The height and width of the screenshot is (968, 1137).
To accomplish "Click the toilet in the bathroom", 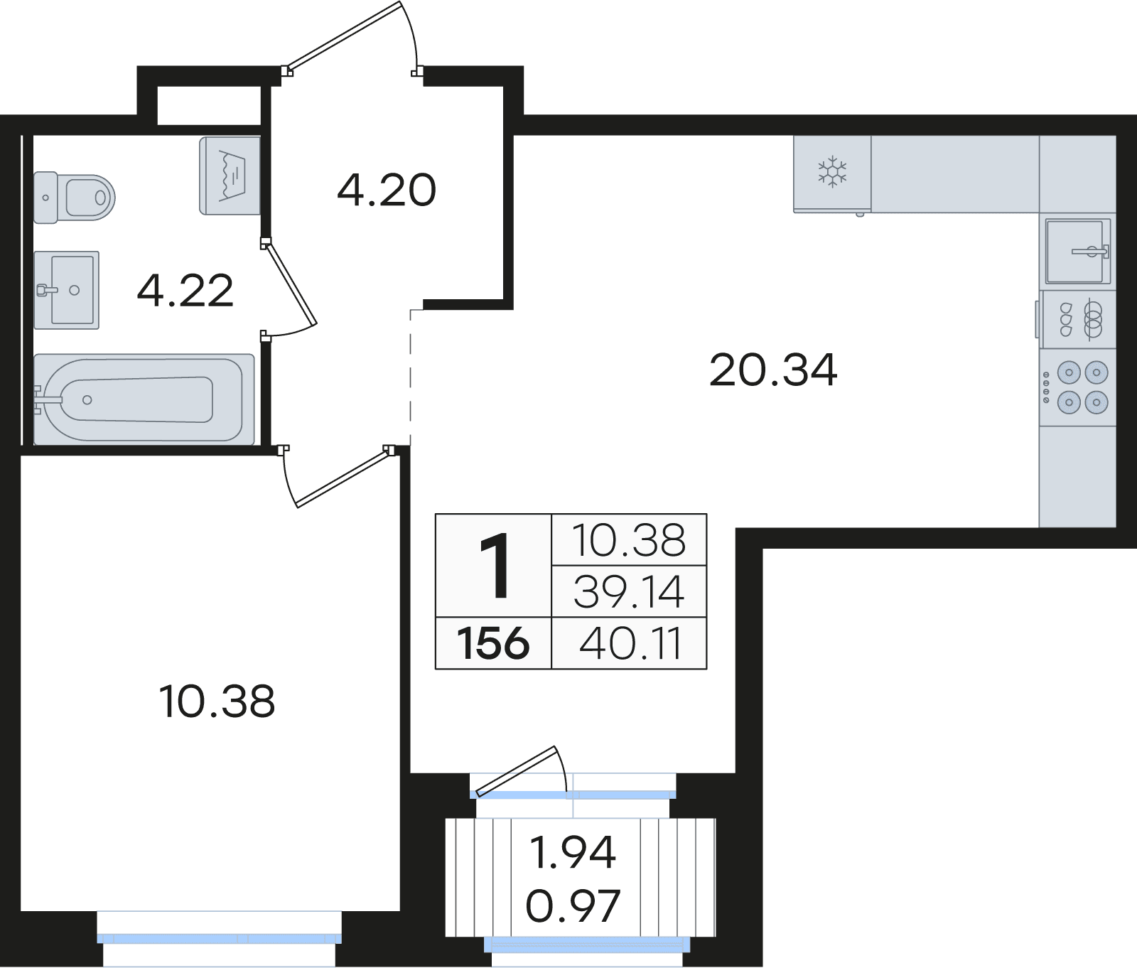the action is [x=74, y=197].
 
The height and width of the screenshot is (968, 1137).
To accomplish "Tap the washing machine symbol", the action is [x=230, y=176].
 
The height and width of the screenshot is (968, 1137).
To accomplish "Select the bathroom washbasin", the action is [x=66, y=290].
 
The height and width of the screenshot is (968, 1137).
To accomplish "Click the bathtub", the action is [x=144, y=399].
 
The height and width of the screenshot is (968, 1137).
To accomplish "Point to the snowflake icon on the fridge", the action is [x=832, y=172].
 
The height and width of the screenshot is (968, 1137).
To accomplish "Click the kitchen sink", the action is [x=1077, y=251].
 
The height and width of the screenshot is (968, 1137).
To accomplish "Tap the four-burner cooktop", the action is [x=1077, y=387].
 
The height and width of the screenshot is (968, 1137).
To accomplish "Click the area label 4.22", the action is [x=185, y=291].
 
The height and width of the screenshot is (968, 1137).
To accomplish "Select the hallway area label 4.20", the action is [x=387, y=190].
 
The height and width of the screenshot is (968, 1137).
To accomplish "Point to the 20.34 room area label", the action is [x=773, y=370].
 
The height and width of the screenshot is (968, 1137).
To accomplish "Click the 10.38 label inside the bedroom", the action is [x=217, y=701].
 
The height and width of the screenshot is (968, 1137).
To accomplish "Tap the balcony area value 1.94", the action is [x=573, y=852].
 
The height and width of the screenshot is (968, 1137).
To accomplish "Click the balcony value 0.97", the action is [x=573, y=905].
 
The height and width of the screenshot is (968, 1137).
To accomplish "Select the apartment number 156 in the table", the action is [x=493, y=643].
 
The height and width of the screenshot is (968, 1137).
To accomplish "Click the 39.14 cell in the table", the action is [x=629, y=591].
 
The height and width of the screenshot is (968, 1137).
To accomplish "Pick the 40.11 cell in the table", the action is [x=630, y=643].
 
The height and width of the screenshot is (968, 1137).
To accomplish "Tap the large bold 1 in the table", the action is [x=495, y=566].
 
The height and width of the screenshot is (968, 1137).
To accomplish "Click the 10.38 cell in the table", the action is [x=629, y=540].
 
